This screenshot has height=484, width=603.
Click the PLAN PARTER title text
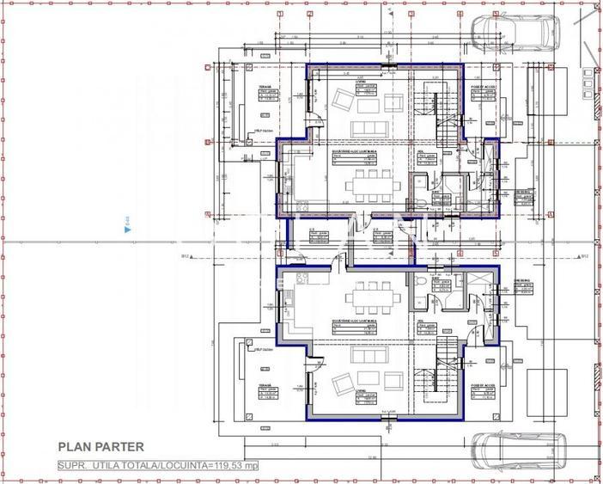tap(100, 446)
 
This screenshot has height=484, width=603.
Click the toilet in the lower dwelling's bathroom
tap(416, 285)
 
